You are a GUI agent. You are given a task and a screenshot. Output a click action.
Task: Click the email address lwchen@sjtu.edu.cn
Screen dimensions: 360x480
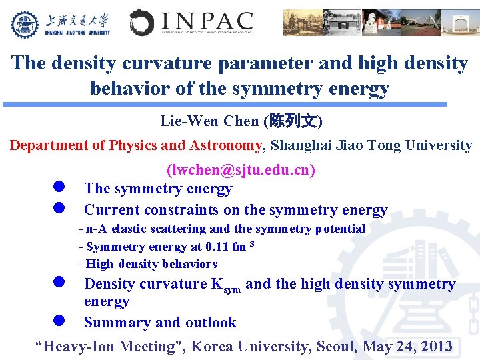pyautogui.click(x=241, y=170)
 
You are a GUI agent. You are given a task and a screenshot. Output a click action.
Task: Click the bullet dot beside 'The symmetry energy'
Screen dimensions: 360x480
pyautogui.click(x=59, y=187)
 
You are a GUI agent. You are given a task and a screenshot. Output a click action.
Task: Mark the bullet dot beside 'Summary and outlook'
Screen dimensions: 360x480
pyautogui.click(x=59, y=320)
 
